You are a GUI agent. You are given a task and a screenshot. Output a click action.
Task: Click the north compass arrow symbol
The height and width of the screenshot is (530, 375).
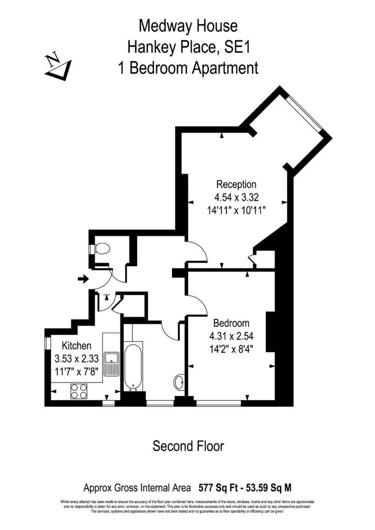click(x=58, y=66)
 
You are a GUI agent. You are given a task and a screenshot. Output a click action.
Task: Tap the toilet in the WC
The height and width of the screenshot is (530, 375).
click(x=100, y=249)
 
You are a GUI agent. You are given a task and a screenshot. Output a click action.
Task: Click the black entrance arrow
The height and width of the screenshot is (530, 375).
click(x=82, y=279)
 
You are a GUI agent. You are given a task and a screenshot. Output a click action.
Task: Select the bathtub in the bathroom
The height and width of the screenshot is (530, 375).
click(x=133, y=365)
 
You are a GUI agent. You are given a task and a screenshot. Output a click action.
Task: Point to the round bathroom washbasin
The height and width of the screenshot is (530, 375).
click(x=179, y=382)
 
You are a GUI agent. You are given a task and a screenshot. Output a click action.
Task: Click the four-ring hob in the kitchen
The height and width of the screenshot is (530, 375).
click(x=78, y=391)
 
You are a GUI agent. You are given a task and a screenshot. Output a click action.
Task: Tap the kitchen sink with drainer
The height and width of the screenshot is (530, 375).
click(x=111, y=363)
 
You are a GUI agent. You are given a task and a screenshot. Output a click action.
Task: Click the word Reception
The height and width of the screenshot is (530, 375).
click(x=236, y=184)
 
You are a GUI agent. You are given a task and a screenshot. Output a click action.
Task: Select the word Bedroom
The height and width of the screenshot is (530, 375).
click(x=231, y=322)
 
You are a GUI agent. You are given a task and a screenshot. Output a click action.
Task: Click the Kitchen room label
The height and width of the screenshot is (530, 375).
click(x=77, y=346)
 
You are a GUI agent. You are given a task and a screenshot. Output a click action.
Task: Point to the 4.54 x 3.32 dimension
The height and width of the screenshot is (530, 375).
click(x=236, y=197)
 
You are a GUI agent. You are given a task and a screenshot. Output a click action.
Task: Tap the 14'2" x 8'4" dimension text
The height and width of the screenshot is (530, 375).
click(x=231, y=347)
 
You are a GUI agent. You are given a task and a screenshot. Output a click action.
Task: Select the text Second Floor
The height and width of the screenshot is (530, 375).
click(x=188, y=446)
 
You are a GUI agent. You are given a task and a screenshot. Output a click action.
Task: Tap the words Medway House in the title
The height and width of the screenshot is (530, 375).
click(x=188, y=25)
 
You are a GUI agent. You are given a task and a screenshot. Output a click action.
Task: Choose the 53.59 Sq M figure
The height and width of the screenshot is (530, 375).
click(x=274, y=488)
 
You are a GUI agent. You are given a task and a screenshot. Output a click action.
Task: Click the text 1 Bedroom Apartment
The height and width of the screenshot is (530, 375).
click(x=188, y=68)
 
